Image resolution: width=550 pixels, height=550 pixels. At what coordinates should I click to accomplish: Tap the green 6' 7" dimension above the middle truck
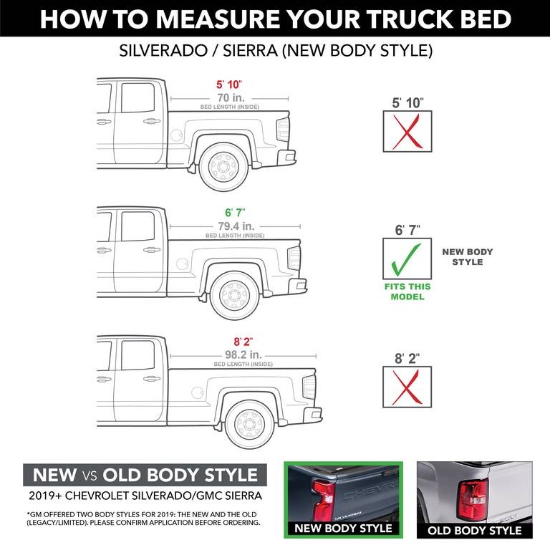coord(234,213)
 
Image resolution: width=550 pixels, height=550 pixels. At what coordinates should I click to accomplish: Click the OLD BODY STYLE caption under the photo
coord(475,531)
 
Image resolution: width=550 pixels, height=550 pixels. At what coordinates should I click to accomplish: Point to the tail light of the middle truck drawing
coord(294,258)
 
